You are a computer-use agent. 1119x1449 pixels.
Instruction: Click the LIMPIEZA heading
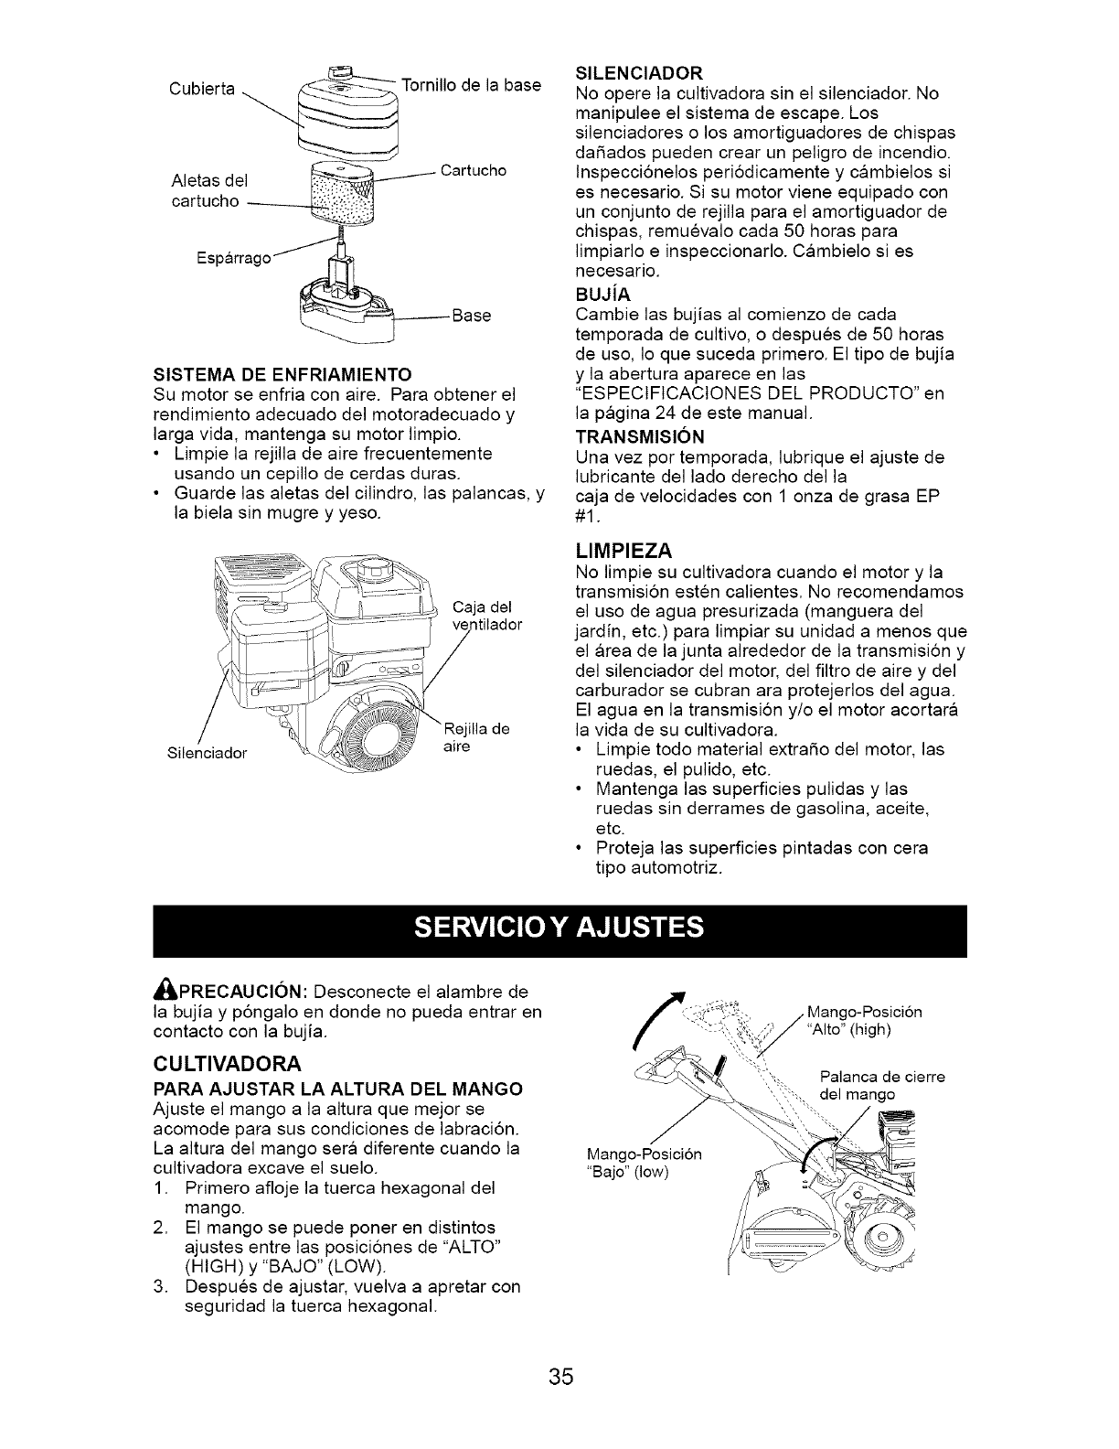point(625,550)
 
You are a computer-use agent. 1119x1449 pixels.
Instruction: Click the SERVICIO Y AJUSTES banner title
point(559,928)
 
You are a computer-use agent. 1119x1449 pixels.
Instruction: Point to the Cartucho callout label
point(473,171)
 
